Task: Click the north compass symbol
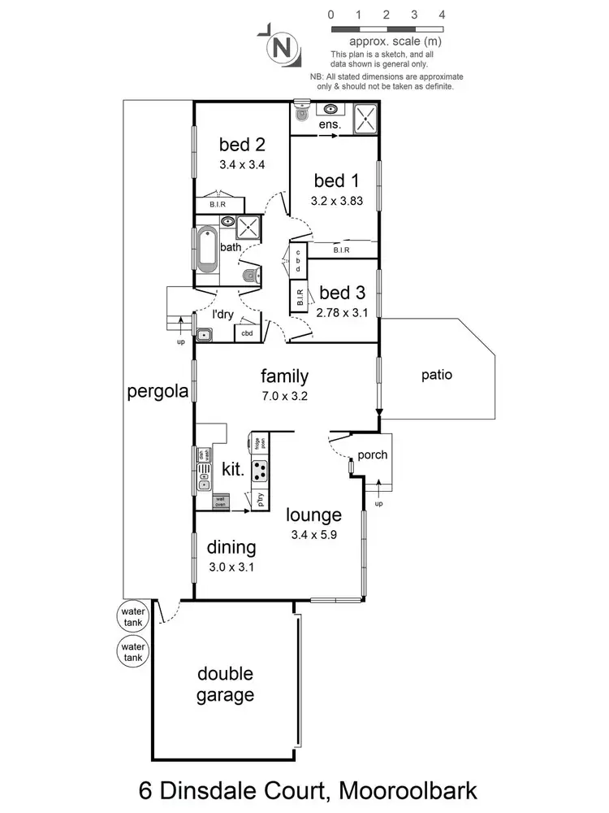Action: pos(282,47)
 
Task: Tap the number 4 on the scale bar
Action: pos(442,14)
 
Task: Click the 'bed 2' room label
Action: pos(243,145)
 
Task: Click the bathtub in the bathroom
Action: pos(206,251)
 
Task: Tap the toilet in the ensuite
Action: pos(301,114)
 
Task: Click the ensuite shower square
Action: pos(364,119)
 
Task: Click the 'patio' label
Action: pos(436,375)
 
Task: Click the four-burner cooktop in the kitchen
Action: pos(261,471)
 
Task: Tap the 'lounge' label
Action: pos(313,515)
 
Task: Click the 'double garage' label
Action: pos(226,685)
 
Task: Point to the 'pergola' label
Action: pos(158,392)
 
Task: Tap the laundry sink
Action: pos(204,334)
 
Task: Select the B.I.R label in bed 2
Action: pos(217,205)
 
